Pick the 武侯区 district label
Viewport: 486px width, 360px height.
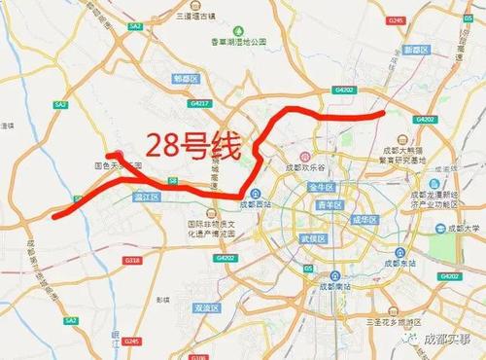(312, 238)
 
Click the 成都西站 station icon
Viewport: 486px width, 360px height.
(244, 205)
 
